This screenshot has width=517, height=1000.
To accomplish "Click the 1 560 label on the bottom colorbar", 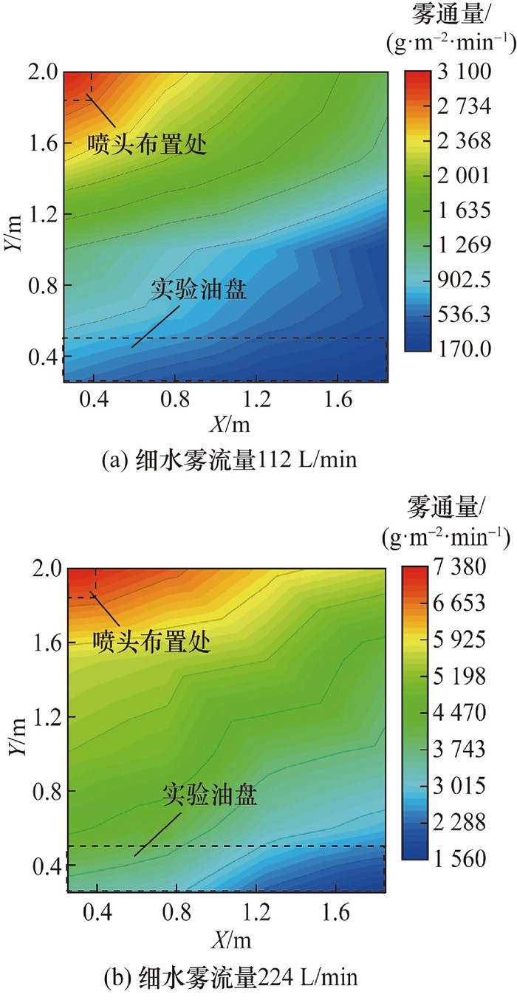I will (x=468, y=859).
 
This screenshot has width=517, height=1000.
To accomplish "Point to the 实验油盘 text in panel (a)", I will (x=199, y=289).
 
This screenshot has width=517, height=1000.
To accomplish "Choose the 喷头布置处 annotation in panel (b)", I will (x=152, y=641).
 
